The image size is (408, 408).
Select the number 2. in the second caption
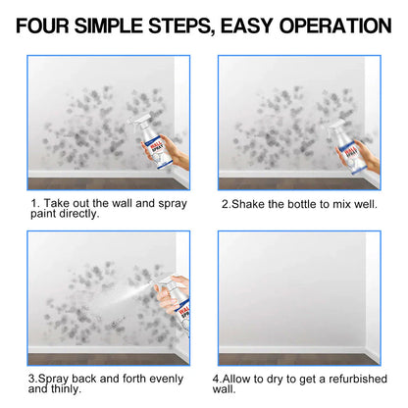point(226,203)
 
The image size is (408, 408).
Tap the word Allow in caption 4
point(245,378)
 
